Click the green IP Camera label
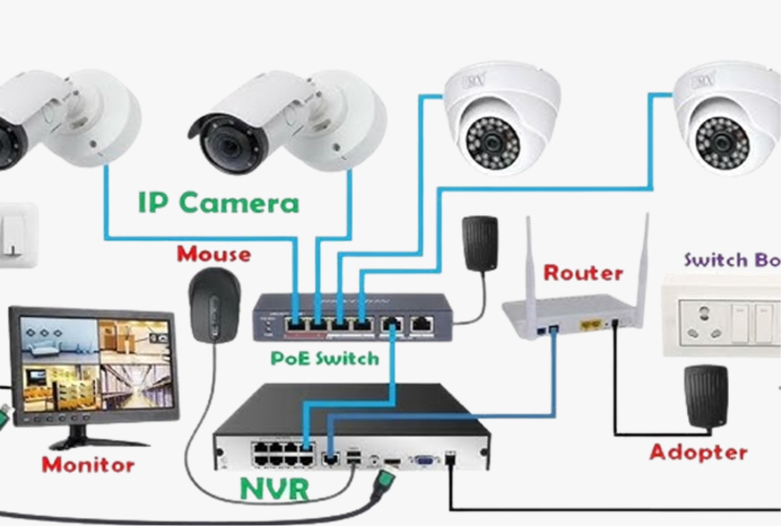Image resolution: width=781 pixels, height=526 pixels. (x=218, y=203)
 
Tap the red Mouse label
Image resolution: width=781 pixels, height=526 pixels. (x=214, y=254)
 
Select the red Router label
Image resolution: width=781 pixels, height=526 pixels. (x=583, y=273)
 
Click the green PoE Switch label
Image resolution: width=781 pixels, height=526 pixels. (x=325, y=358)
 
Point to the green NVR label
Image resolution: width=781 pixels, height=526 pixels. (x=275, y=488)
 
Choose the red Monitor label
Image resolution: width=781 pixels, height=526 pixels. (x=88, y=464)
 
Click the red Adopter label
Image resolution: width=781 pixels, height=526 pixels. (x=698, y=452)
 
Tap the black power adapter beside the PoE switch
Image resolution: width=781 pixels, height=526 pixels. (x=480, y=243)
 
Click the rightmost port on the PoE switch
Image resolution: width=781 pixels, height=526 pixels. (x=421, y=323)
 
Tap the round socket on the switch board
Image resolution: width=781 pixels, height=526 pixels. (x=703, y=322)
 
